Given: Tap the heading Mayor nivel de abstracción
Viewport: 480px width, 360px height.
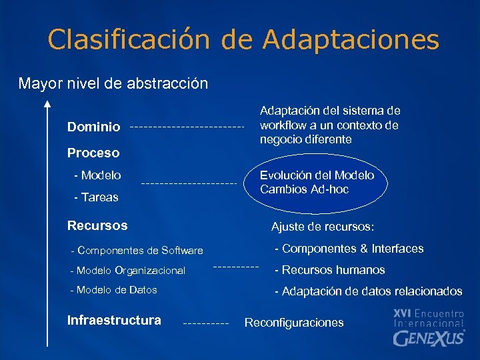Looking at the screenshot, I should coord(113,84).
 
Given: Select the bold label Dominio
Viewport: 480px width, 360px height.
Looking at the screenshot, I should coord(94,127).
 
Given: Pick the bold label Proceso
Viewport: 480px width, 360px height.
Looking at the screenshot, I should coord(93,153).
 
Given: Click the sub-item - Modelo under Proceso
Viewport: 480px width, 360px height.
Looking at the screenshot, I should coord(97,175).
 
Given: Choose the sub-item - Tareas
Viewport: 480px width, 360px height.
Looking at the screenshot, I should coord(96,197).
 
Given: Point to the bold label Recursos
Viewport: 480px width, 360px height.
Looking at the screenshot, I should coord(97,225).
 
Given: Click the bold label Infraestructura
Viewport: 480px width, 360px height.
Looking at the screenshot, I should coord(114,320).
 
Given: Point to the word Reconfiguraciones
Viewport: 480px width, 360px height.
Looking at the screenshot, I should coord(294,323).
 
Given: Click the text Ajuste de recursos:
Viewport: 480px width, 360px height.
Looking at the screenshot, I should coord(323,227).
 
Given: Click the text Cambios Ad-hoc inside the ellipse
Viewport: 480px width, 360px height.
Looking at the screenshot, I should coord(304,189).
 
